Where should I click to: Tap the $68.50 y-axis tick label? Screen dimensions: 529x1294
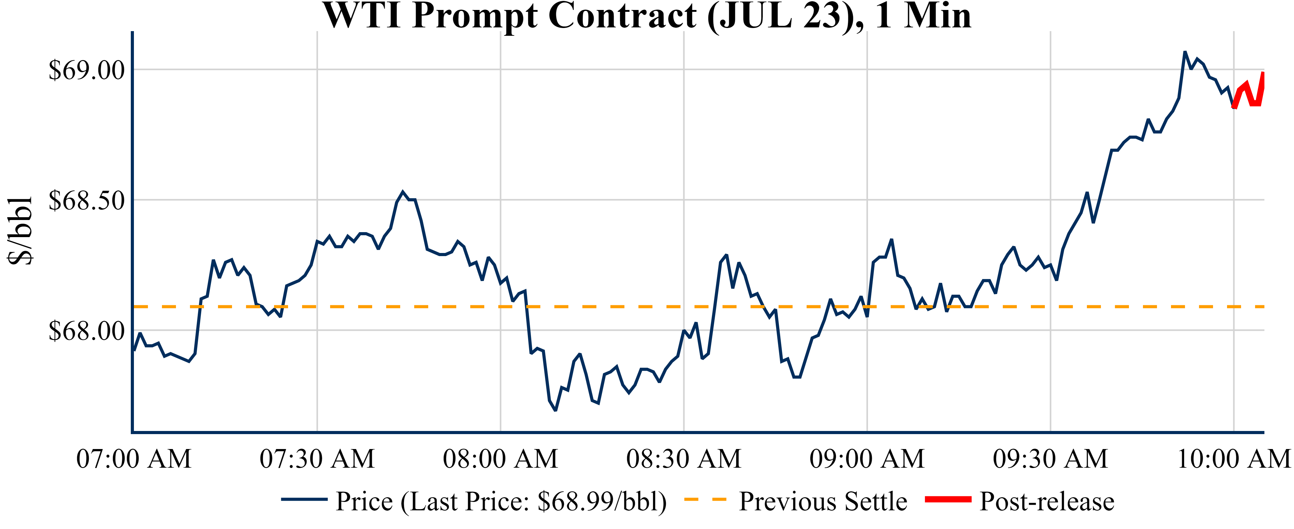[x=86, y=200]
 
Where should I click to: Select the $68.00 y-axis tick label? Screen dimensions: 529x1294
[x=86, y=330]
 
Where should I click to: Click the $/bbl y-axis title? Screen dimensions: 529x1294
[x=20, y=230]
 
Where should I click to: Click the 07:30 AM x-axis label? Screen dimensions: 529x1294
[x=317, y=459]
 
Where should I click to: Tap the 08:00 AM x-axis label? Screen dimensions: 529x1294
[x=500, y=459]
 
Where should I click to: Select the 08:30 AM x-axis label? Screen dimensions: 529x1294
[x=684, y=459]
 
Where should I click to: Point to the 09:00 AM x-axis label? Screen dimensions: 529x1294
[x=867, y=459]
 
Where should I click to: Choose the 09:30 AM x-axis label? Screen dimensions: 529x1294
[x=1050, y=459]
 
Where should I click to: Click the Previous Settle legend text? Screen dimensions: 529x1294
[x=823, y=501]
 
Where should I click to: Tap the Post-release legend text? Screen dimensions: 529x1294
[x=1047, y=501]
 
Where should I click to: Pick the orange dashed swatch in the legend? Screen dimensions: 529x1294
[x=705, y=499]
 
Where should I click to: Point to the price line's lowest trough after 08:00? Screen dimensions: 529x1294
[x=555, y=410]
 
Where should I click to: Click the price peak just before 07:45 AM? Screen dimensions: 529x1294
[x=402, y=192]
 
